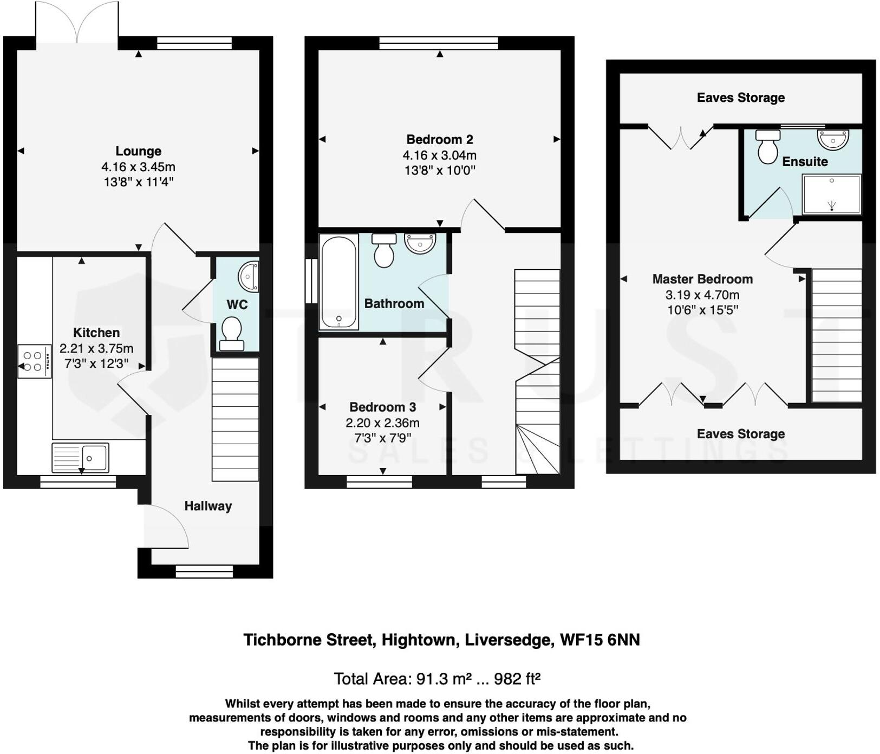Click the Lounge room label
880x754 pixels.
(138, 151)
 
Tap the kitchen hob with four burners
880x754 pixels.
(34, 361)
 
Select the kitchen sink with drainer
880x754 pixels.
(80, 458)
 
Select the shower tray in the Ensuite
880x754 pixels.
(831, 194)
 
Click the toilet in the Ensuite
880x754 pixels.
(767, 146)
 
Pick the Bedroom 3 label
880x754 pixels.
(382, 407)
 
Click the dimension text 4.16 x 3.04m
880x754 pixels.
(439, 155)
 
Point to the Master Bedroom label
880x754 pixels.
(702, 279)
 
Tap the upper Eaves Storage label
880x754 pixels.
(740, 98)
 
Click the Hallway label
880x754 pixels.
(208, 506)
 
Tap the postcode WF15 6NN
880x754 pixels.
(599, 640)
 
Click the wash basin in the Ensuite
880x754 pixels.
(833, 139)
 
